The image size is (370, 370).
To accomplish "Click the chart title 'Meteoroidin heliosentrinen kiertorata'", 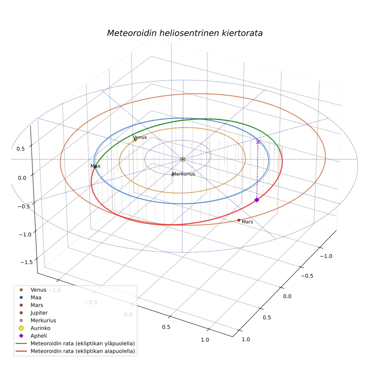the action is (x=185, y=33).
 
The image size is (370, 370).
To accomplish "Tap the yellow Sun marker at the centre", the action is (x=183, y=159).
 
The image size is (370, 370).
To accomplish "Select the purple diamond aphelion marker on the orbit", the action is (x=257, y=200).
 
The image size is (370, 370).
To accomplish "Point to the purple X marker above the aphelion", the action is (x=258, y=142).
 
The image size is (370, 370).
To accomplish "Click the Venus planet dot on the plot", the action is (x=135, y=140).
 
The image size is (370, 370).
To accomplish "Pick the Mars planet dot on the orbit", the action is (x=239, y=220).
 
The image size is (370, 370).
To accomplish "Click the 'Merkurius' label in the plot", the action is (x=184, y=174).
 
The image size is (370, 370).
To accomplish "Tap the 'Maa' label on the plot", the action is (x=96, y=166).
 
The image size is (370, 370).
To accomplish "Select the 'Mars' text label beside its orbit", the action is (x=247, y=222).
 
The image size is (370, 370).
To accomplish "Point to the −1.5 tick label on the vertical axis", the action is (x=27, y=262).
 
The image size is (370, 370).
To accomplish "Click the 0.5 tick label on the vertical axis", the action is (x=21, y=149).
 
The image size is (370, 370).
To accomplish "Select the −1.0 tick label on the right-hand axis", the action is (x=326, y=256).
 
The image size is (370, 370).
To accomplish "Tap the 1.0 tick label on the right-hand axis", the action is (x=246, y=339).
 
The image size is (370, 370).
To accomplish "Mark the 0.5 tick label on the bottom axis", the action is (x=166, y=327).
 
